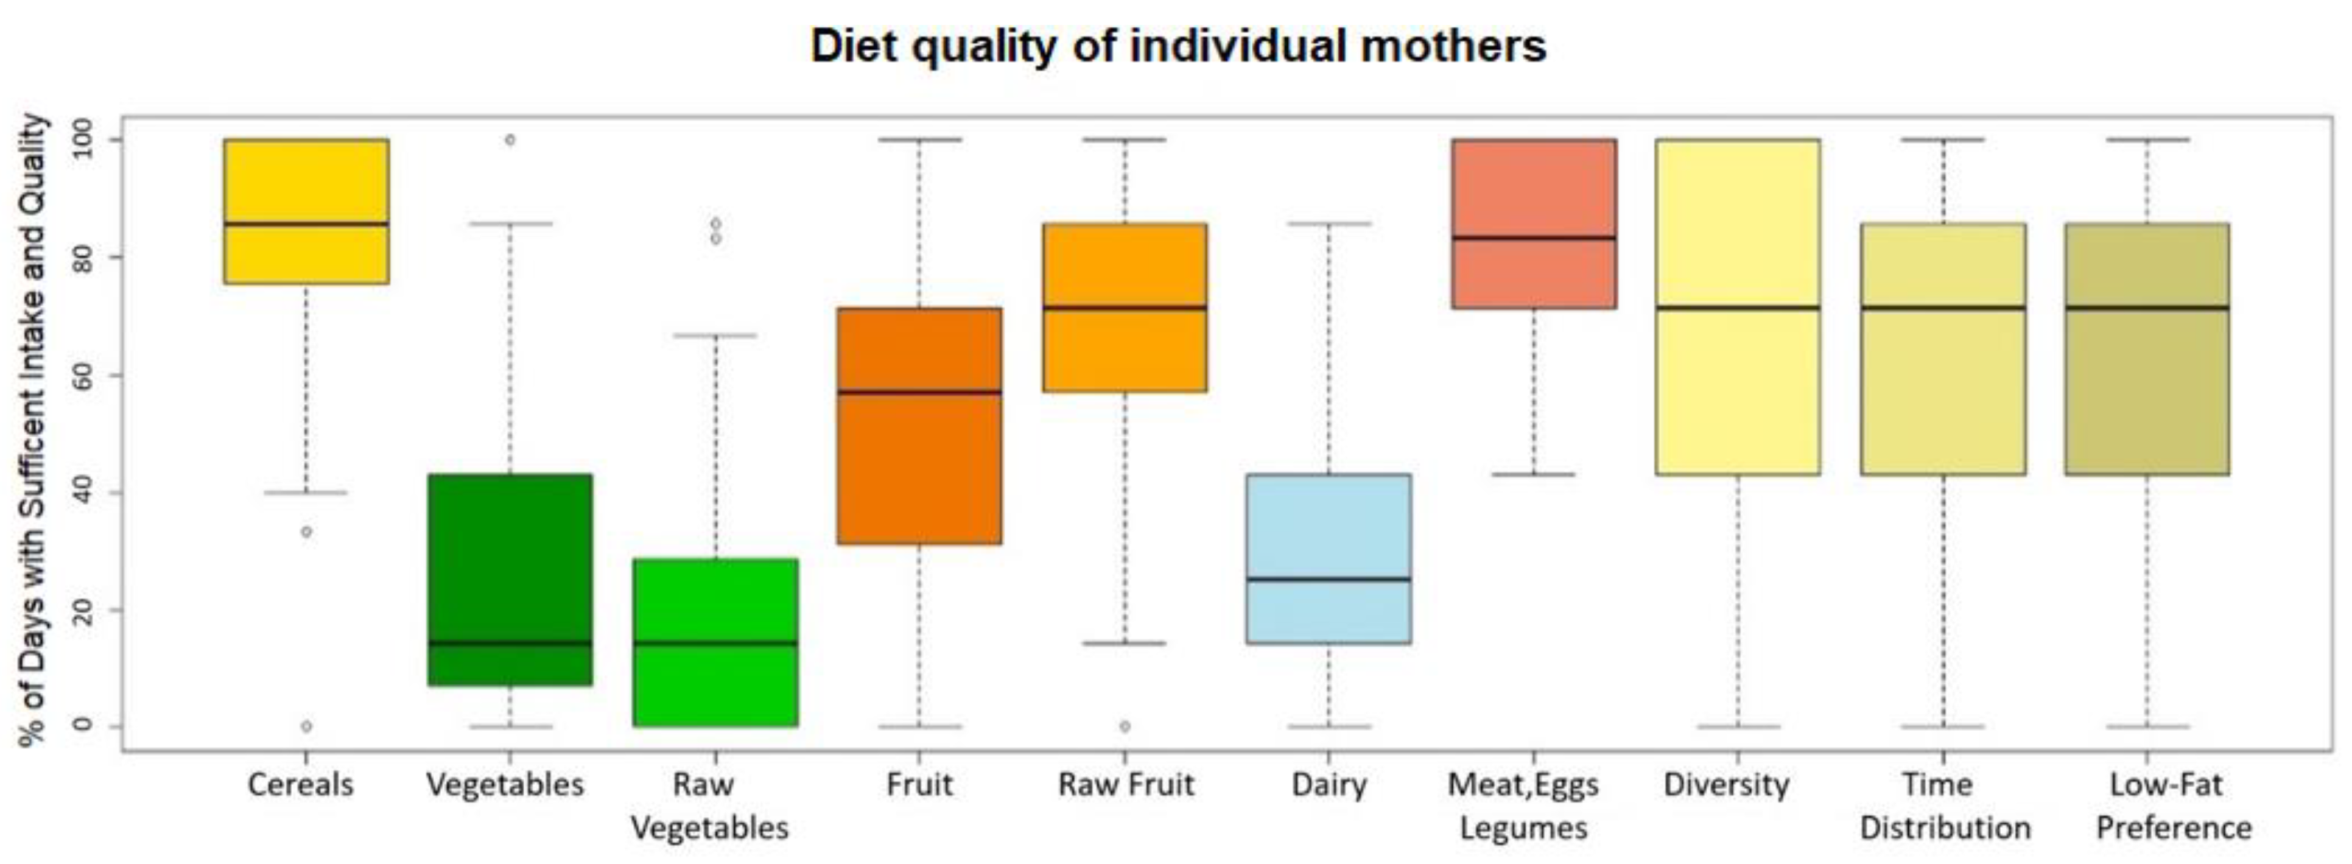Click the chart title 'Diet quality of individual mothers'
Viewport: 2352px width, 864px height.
(x=1178, y=46)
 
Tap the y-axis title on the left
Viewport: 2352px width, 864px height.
(x=33, y=429)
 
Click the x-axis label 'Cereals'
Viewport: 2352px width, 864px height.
(x=300, y=784)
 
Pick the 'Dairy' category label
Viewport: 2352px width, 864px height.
(x=1329, y=784)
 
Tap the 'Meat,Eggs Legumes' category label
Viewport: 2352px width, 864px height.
(x=1523, y=806)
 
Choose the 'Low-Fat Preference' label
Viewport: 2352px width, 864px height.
(x=2173, y=806)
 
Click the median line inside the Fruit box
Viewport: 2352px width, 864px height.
(x=919, y=392)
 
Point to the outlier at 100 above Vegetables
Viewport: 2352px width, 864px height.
(x=510, y=140)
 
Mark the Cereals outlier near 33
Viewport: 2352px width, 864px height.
(x=307, y=532)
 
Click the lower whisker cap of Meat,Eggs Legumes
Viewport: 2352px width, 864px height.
(x=1534, y=474)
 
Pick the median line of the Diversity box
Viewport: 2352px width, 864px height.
(x=1738, y=308)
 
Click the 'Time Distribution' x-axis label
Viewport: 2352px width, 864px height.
(x=1945, y=806)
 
